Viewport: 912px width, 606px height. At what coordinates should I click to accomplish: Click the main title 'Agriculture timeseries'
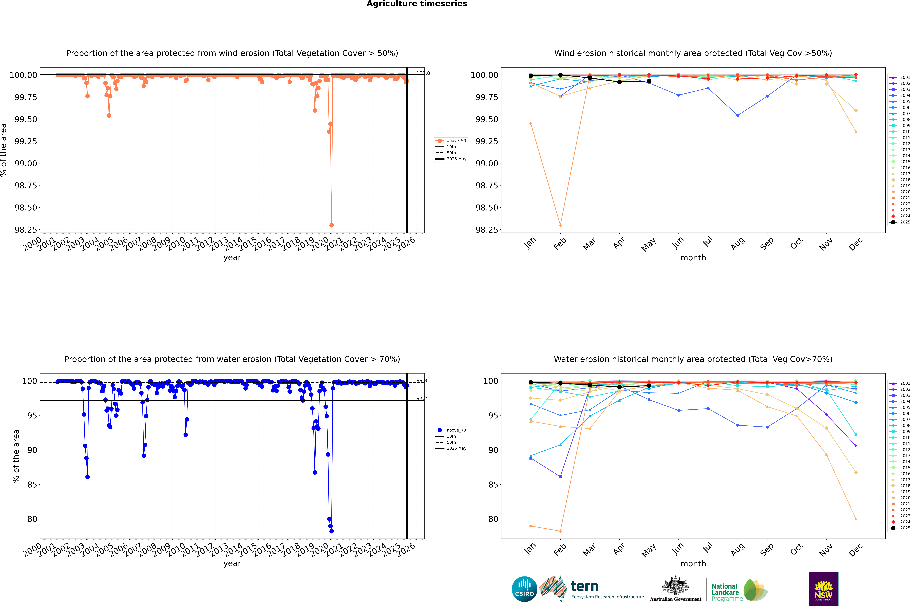coord(417,4)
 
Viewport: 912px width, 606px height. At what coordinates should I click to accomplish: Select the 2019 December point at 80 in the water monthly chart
coord(856,519)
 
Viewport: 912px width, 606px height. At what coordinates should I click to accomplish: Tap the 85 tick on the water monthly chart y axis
coord(493,485)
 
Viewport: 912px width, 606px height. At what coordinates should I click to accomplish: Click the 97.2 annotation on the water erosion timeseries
coord(421,398)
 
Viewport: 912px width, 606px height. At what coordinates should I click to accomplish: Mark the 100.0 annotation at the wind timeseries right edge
coord(423,73)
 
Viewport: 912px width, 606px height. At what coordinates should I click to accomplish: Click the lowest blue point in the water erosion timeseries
coord(331,531)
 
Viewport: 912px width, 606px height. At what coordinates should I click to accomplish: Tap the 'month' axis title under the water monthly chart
coord(693,564)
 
